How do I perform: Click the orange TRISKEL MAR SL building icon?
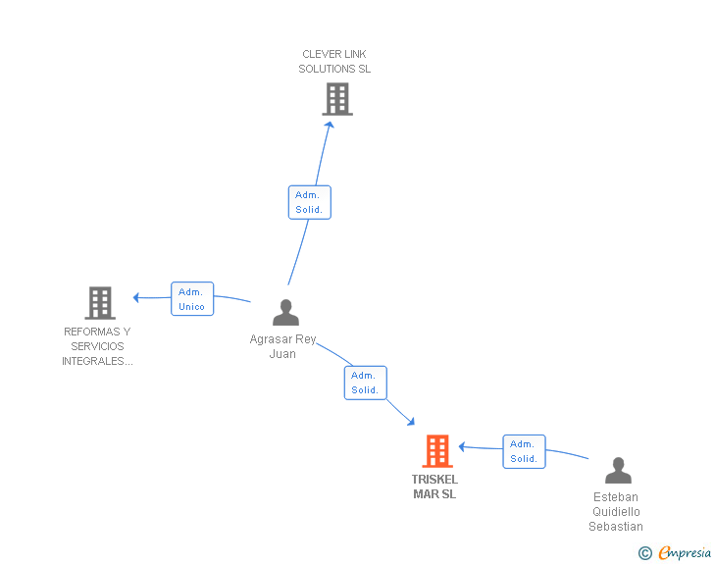click(437, 450)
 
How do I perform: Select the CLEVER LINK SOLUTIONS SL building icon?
click(337, 99)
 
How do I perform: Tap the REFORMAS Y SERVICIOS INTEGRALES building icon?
click(100, 303)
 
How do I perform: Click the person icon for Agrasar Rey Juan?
click(285, 312)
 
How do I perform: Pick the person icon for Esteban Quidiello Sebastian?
click(618, 470)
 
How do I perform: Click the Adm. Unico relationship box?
click(192, 299)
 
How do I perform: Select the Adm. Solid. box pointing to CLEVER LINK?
click(310, 202)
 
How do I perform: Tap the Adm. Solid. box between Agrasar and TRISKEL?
click(366, 383)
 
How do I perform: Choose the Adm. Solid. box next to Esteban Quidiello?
click(524, 451)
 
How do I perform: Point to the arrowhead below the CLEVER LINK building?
click(330, 125)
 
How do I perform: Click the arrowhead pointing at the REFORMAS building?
click(135, 297)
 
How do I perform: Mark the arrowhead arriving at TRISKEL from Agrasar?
click(411, 422)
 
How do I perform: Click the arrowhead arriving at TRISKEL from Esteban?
click(461, 447)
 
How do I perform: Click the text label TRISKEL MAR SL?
click(434, 487)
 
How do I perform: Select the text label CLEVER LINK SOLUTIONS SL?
click(334, 62)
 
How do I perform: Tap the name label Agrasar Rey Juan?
click(282, 346)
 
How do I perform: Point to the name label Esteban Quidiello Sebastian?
click(616, 512)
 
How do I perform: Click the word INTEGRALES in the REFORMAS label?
click(97, 361)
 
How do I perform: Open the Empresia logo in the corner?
click(685, 552)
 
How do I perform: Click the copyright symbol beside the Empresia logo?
click(645, 553)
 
